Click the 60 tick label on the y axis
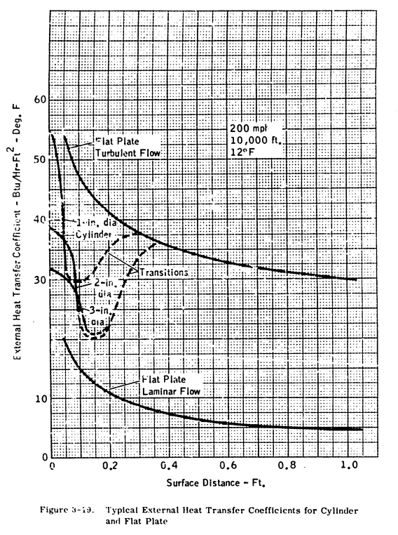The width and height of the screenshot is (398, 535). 39,100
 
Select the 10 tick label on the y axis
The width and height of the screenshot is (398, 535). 39,399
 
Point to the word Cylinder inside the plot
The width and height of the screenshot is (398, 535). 96,233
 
